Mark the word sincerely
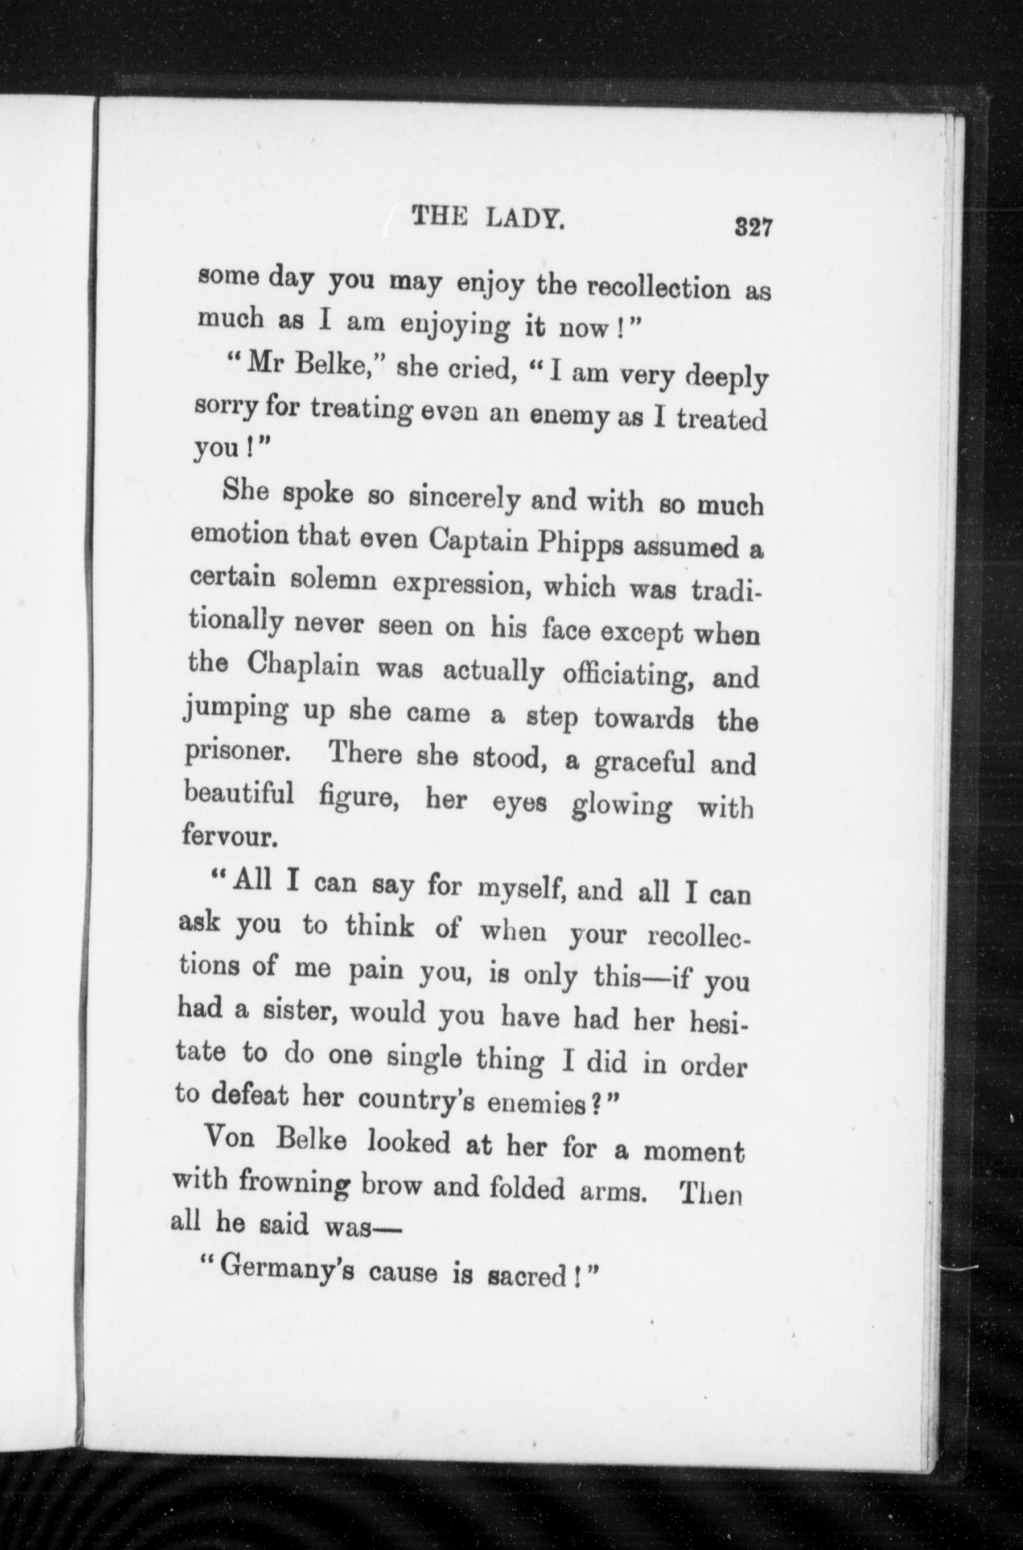click(464, 498)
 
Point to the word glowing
click(620, 807)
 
